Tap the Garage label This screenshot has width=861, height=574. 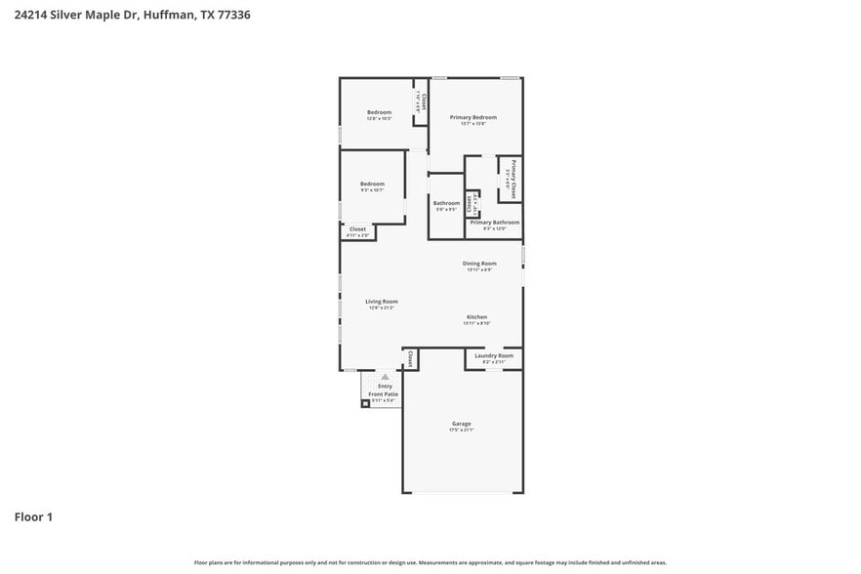[461, 424]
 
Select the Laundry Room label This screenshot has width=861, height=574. [493, 355]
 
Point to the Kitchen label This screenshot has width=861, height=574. [476, 317]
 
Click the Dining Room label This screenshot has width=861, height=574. [479, 263]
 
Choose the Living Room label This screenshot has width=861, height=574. [380, 302]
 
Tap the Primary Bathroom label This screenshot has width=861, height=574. [494, 223]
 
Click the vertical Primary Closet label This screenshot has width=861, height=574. [513, 178]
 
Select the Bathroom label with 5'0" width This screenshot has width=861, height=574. [446, 203]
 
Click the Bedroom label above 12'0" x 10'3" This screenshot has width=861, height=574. [379, 112]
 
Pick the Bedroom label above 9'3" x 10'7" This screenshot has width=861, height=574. [372, 184]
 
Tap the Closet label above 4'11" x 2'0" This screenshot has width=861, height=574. [357, 229]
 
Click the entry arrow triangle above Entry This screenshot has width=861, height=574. [385, 376]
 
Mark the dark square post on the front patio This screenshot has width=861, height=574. [366, 403]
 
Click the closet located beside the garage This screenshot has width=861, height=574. [410, 359]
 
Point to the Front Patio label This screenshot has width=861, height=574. [383, 394]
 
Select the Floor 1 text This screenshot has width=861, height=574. [32, 516]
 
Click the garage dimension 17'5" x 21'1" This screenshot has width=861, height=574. [461, 430]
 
